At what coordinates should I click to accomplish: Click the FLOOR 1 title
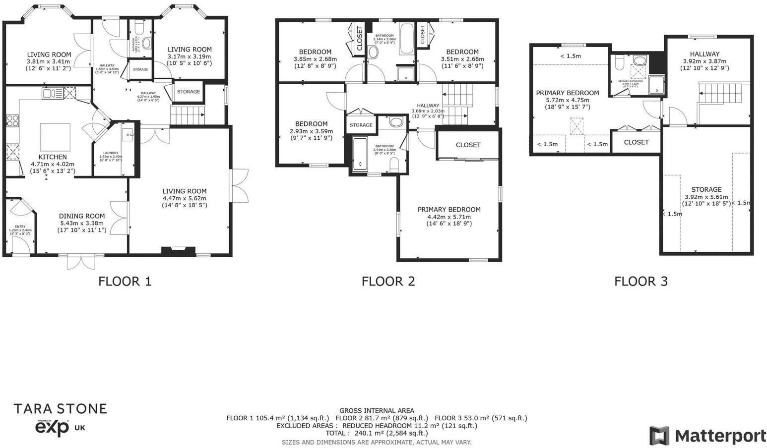(x=125, y=281)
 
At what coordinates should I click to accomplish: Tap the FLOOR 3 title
(x=640, y=281)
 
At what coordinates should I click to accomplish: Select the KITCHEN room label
(x=52, y=157)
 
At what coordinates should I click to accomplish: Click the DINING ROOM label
(x=82, y=216)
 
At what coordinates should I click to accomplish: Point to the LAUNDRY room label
(x=111, y=153)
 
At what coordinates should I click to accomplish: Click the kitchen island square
(x=55, y=136)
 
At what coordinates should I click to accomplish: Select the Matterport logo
(x=708, y=436)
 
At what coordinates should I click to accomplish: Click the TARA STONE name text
(x=60, y=409)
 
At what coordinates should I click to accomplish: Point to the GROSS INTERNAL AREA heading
(x=377, y=410)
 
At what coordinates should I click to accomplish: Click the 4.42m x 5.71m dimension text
(x=449, y=217)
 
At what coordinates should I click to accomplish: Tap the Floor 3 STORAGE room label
(x=706, y=189)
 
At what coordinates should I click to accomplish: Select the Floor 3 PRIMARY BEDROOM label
(x=567, y=93)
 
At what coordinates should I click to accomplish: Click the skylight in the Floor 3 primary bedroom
(x=576, y=126)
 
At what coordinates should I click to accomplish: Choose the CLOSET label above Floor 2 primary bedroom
(x=468, y=145)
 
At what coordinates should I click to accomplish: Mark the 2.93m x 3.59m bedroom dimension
(x=311, y=131)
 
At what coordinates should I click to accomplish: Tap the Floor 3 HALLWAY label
(x=704, y=54)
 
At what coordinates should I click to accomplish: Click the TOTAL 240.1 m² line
(x=377, y=433)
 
